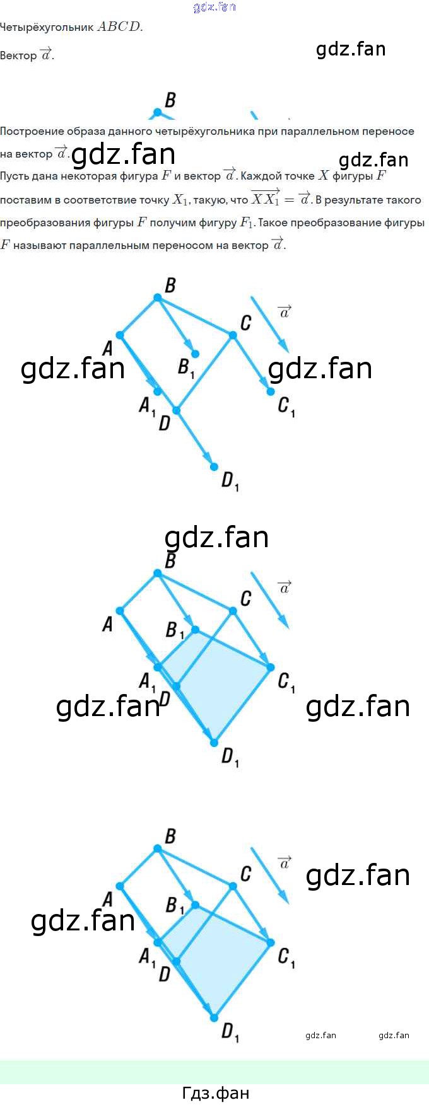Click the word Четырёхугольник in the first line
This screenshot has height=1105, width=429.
tap(47, 28)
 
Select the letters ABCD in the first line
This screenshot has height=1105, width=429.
tap(119, 27)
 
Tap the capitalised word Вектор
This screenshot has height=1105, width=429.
tap(18, 56)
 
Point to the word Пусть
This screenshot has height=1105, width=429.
tap(13, 176)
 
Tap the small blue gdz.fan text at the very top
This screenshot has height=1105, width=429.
tap(214, 7)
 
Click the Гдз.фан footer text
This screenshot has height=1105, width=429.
tap(215, 1092)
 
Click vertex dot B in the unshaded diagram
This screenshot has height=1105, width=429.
tap(157, 298)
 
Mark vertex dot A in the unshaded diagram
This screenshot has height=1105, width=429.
tap(120, 335)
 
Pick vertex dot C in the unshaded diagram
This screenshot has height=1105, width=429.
tap(233, 335)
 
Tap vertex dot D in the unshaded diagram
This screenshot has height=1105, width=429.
tap(176, 410)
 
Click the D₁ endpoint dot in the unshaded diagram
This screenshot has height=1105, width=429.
tap(214, 466)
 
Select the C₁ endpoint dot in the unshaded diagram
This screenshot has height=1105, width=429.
tap(271, 391)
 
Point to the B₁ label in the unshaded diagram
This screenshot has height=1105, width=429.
tap(185, 367)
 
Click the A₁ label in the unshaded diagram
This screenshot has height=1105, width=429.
tap(146, 405)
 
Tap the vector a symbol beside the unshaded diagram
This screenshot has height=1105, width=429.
tap(285, 311)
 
